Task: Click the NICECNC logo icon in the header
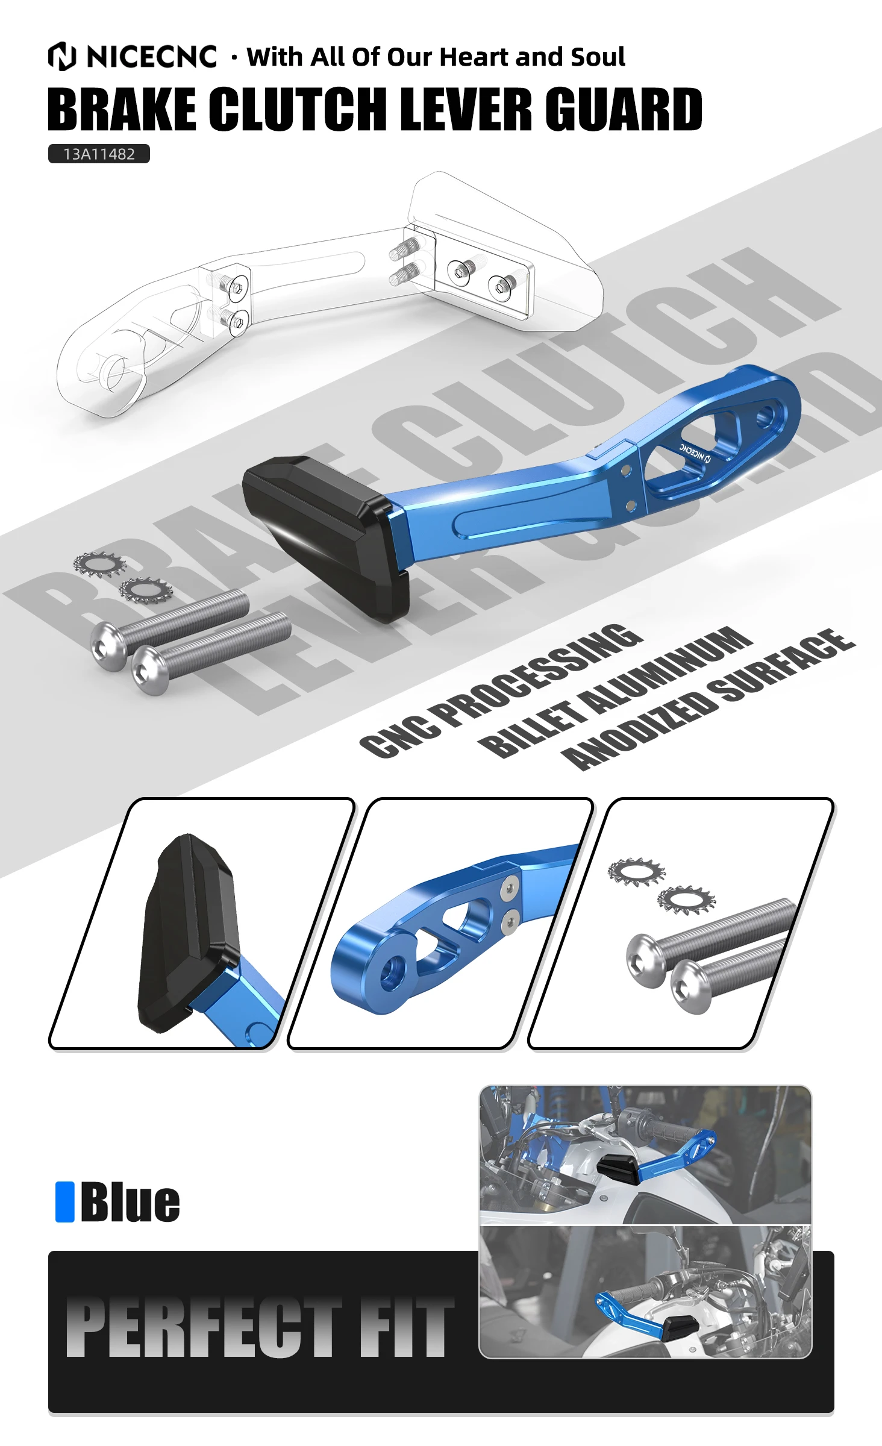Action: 62,56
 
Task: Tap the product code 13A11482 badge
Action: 99,154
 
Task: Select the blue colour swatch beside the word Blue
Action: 65,1202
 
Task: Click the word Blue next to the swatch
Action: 130,1202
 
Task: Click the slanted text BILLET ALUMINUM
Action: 615,692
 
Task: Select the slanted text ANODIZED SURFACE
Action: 708,699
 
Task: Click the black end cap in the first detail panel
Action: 188,934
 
